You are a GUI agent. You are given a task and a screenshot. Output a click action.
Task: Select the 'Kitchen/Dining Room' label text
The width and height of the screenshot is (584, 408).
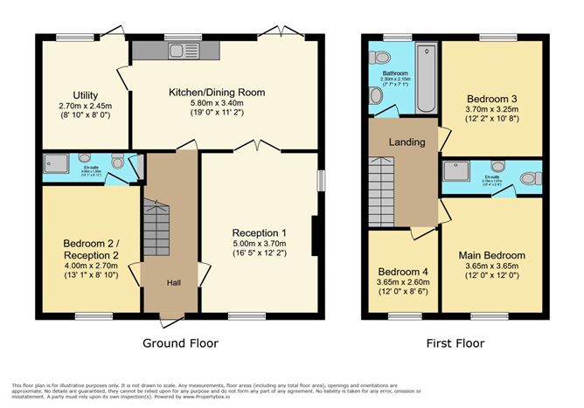pos(217,92)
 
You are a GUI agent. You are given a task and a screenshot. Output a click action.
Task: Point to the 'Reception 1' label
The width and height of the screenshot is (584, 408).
pos(259,232)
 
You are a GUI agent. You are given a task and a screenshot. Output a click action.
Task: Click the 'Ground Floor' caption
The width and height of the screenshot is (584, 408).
pos(179,342)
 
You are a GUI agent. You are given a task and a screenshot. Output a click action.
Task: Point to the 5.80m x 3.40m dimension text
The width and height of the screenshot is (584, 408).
pos(217,104)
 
